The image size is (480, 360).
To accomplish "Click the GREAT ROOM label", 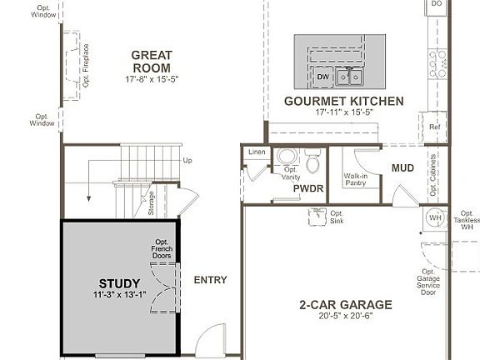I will click(151, 62).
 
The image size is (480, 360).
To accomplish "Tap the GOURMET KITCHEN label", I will click(343, 101).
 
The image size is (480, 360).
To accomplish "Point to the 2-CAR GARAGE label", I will click(346, 304).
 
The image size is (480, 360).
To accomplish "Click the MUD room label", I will click(402, 168).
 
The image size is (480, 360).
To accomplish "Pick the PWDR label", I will click(307, 189).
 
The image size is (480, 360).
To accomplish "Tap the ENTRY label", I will click(210, 280).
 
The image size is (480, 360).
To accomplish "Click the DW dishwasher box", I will click(323, 77).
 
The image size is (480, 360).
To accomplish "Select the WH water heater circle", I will click(434, 217).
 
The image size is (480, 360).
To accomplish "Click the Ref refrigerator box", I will click(434, 127).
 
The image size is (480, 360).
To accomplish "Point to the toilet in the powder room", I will click(312, 159).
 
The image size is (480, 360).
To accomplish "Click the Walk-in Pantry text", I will click(357, 180).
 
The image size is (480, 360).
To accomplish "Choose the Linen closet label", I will click(256, 152).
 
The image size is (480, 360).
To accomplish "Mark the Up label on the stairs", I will click(187, 160).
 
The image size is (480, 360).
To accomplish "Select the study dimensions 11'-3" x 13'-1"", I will click(119, 295).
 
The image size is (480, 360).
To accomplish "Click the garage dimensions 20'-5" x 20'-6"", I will click(346, 317).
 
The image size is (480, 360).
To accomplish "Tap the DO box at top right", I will click(436, 5).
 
